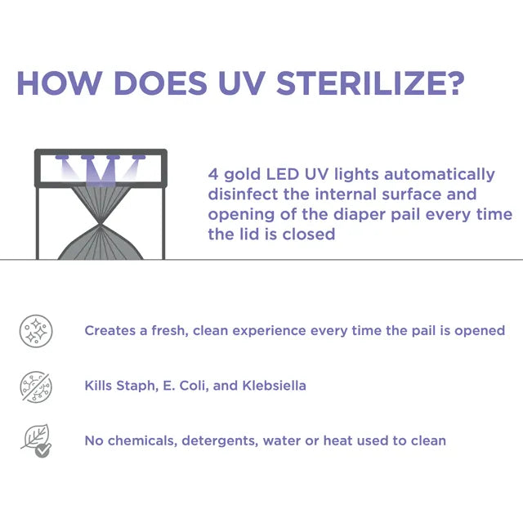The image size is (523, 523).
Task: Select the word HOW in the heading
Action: (x=60, y=83)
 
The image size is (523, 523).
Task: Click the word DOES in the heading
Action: (x=160, y=83)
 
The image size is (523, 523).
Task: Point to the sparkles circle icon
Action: (x=36, y=331)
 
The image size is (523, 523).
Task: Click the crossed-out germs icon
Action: (x=36, y=387)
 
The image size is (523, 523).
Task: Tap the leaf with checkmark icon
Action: (x=37, y=441)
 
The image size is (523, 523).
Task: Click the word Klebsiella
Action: (x=275, y=386)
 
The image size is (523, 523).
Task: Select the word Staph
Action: (x=136, y=387)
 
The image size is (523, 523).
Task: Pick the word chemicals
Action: (x=142, y=441)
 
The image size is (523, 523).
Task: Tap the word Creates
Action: (x=110, y=330)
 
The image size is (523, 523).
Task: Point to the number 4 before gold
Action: (x=213, y=174)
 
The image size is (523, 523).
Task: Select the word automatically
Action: (x=440, y=175)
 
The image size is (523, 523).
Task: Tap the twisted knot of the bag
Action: (x=100, y=225)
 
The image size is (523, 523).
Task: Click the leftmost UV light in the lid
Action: (x=61, y=157)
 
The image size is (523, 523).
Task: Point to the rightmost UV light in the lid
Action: (x=139, y=157)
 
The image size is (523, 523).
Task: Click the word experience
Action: (x=269, y=331)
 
